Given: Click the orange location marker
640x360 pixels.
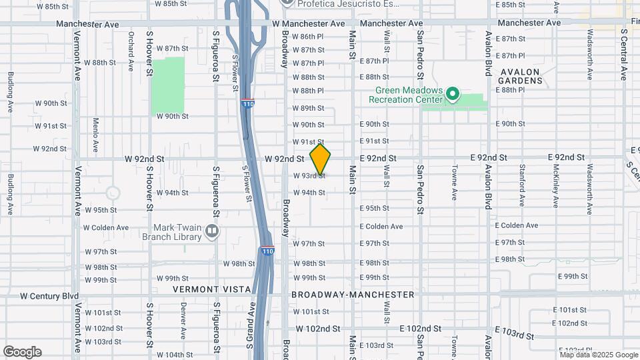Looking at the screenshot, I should coord(321,159).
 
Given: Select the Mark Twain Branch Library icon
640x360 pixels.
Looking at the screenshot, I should coord(212,231).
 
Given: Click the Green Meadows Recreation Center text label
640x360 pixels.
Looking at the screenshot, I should coord(409,95).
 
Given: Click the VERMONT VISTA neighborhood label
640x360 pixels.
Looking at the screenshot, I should coord(211,289).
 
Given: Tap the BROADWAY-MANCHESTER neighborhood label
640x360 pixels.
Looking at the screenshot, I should coord(353,294).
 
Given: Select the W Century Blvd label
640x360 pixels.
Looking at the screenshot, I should coord(49,295).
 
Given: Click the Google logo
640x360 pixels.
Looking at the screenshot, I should coord(23,352).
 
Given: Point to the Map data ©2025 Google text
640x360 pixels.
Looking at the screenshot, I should coord(598,355).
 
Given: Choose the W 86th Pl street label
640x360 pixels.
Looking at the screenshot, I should coord(307,36).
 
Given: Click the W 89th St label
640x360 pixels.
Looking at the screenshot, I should coord(307,108).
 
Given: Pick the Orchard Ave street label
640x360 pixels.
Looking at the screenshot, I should coord(131,49).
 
